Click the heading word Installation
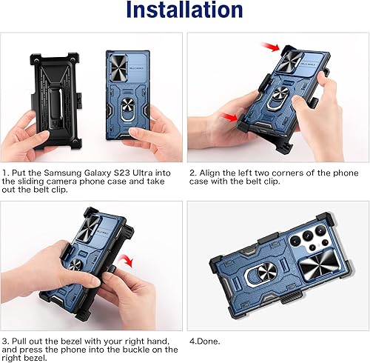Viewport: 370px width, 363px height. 184,11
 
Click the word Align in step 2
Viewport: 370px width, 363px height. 211,173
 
